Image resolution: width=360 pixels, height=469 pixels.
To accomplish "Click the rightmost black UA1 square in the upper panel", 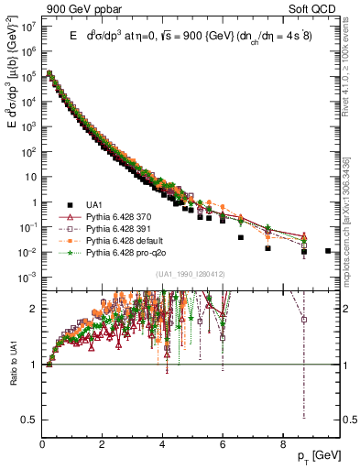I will point(328,250).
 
